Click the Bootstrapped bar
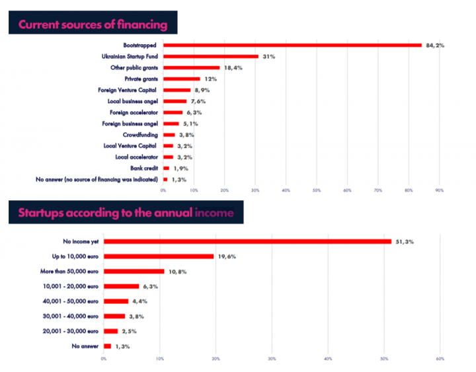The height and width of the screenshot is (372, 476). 292,45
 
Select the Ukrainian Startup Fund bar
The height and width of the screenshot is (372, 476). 211,56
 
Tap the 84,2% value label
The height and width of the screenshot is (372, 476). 435,45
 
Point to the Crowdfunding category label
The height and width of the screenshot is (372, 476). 141,134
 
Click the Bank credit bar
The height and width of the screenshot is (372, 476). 167,168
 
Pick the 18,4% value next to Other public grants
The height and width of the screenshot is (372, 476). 232,67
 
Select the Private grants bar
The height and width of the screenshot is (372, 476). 182,79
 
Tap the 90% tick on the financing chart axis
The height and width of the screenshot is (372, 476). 439,190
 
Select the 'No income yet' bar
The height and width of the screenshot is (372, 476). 247,241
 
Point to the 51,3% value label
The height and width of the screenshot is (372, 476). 405,241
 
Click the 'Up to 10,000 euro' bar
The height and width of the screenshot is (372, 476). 159,256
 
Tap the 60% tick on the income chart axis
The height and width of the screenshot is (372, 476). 440,359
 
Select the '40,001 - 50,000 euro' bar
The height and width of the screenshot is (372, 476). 116,301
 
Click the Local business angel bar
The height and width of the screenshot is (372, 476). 175,101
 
